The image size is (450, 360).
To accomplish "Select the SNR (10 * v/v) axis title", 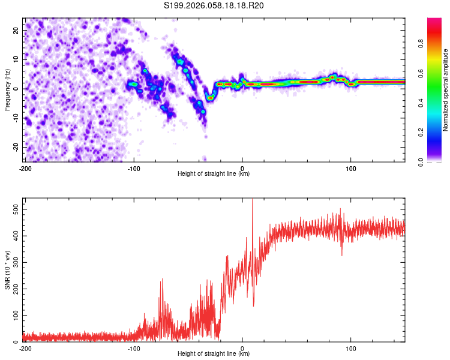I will click(x=7, y=270).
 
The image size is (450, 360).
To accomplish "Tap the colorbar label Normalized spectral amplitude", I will click(x=446, y=89).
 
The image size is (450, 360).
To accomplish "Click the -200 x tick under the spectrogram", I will click(x=25, y=168).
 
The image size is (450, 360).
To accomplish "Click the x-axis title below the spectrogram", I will click(x=214, y=174).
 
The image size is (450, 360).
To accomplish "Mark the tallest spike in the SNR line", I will click(x=252, y=200).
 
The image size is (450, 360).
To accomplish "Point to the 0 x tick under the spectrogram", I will click(x=242, y=168).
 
